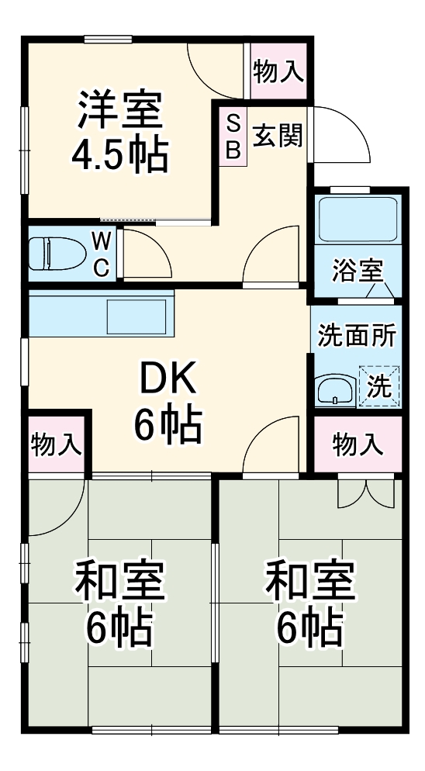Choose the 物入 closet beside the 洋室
tap(278, 71)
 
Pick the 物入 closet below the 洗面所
tap(358, 444)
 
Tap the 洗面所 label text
tap(358, 336)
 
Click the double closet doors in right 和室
tap(366, 494)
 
